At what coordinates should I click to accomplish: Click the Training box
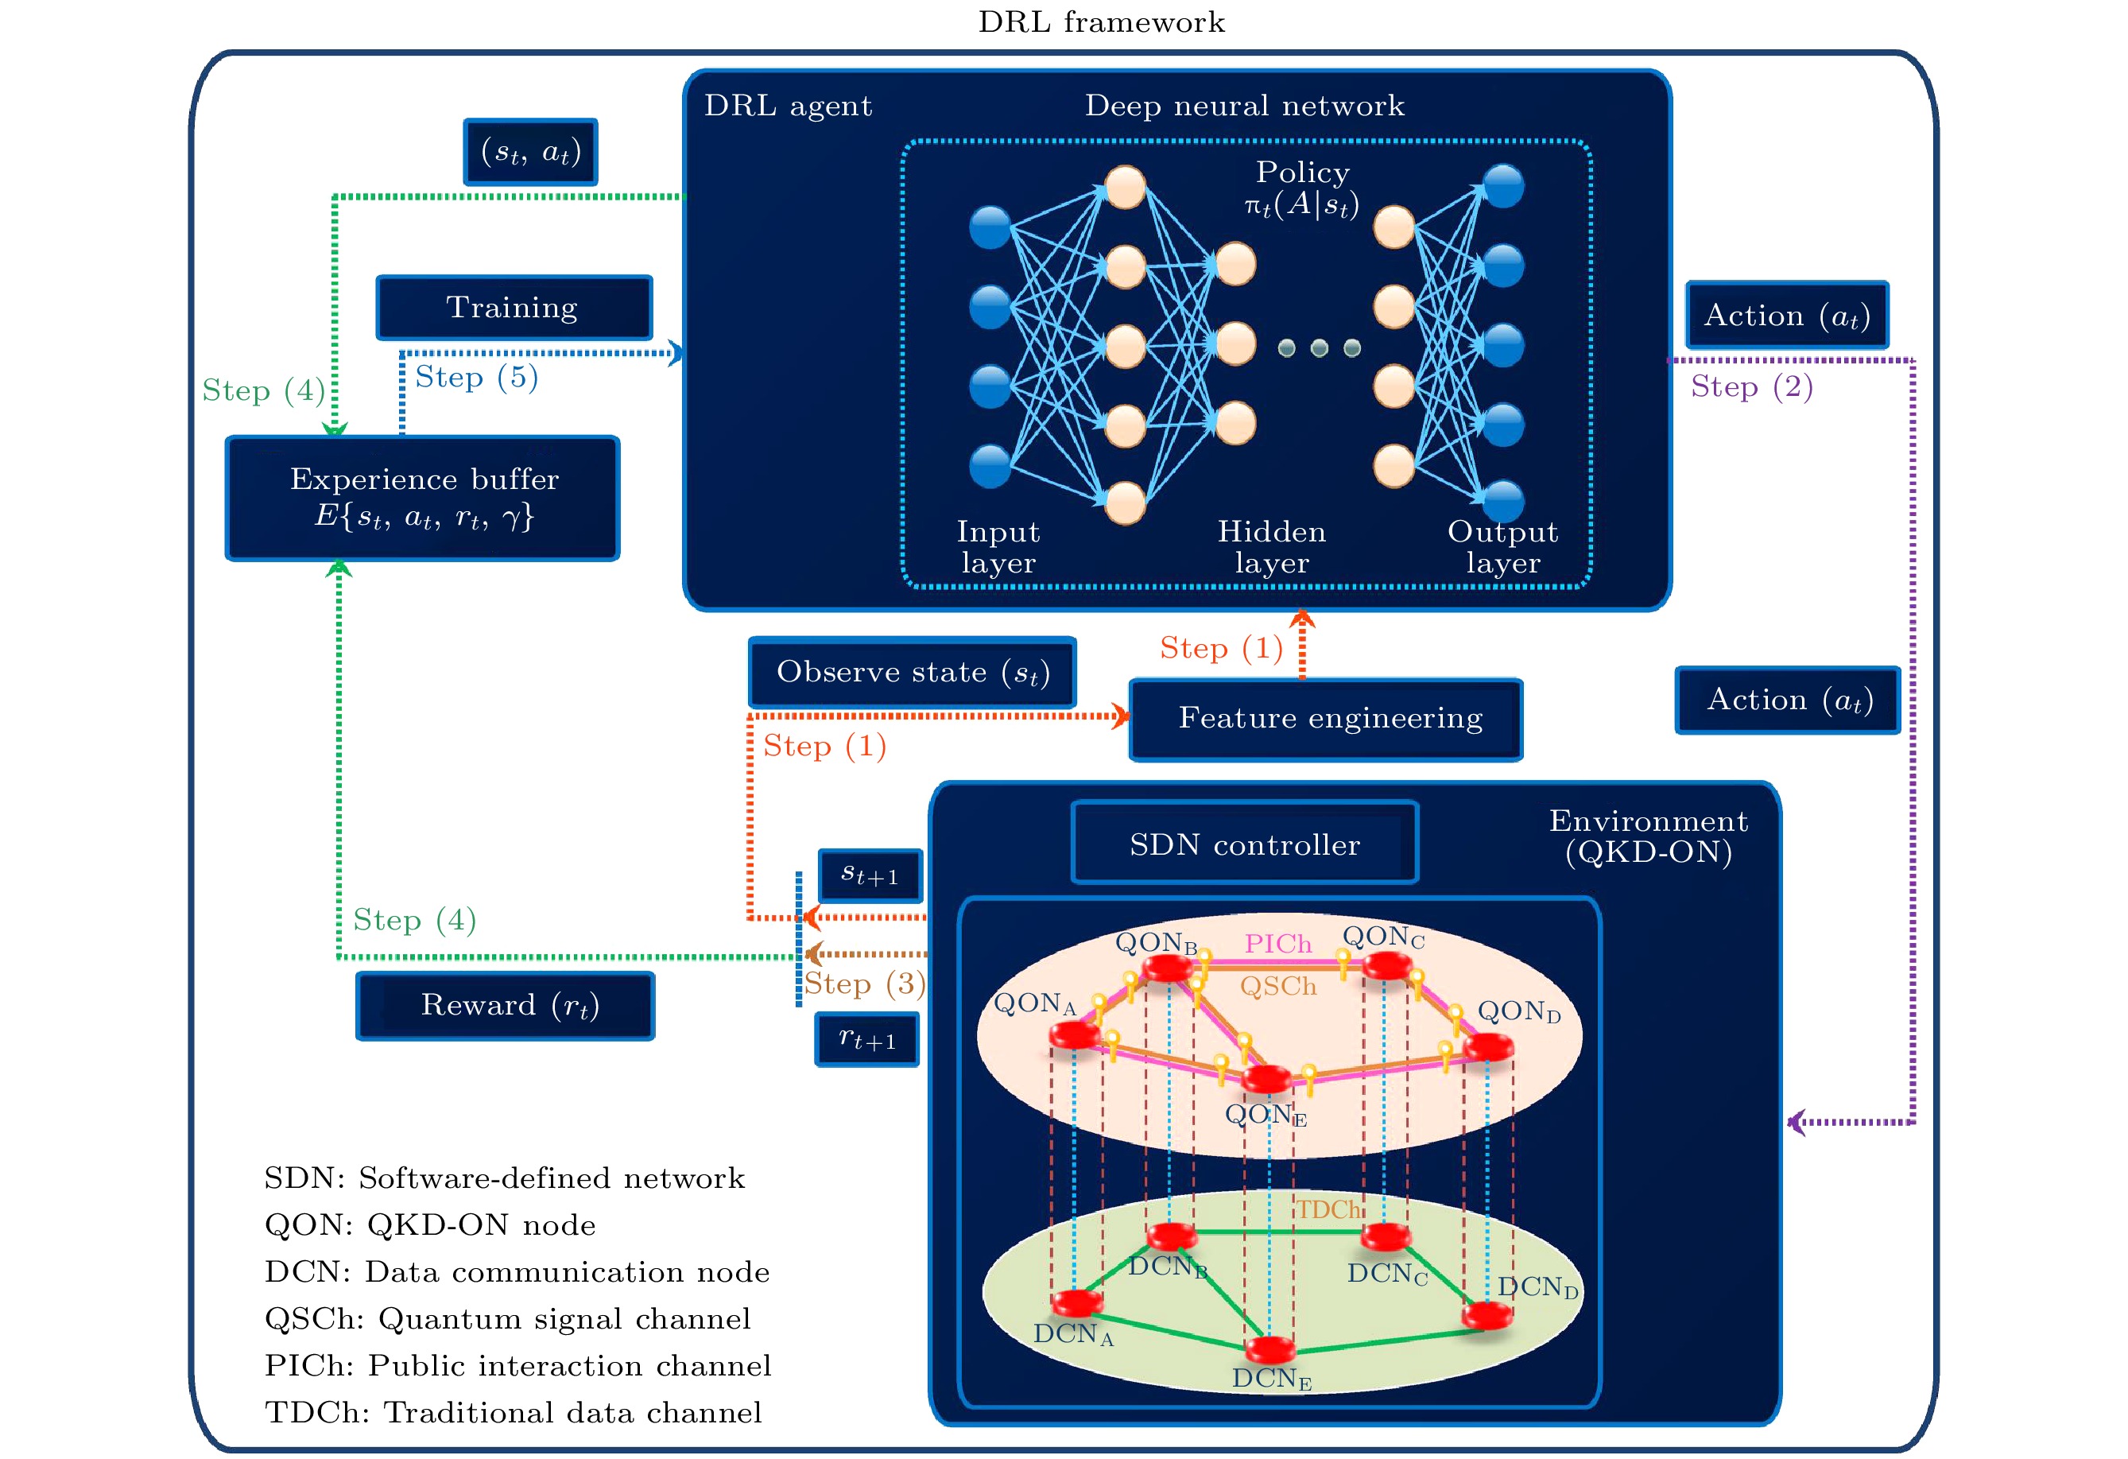click(514, 308)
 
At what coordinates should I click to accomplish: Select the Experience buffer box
click(423, 499)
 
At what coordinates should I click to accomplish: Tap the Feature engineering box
click(1326, 720)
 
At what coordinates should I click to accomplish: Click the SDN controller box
click(1244, 844)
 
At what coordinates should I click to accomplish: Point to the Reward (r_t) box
click(506, 1006)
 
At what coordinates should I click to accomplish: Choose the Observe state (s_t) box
click(912, 673)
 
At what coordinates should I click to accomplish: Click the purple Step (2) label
click(1750, 386)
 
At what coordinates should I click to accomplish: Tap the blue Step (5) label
click(476, 378)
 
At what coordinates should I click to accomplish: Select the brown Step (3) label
click(864, 984)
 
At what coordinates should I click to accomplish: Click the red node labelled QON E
click(1267, 1078)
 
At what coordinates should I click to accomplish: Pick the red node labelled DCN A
click(1077, 1302)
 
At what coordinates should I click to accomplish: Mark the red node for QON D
click(1487, 1046)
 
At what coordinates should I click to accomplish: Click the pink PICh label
click(1277, 943)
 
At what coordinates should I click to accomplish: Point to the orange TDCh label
click(1328, 1210)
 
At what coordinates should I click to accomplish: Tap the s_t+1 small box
click(870, 875)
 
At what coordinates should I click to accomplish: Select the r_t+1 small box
click(867, 1039)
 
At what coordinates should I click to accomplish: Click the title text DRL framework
click(1101, 22)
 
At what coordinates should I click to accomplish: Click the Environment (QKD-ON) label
click(1648, 836)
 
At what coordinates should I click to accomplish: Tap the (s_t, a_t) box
click(531, 152)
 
